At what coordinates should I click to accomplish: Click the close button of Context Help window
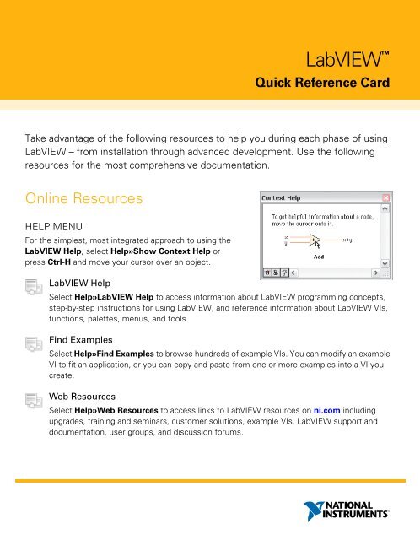click(x=386, y=199)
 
